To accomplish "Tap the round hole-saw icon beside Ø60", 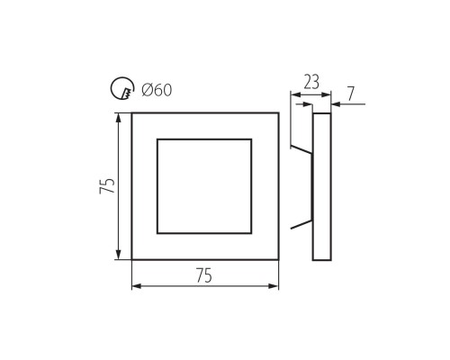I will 121,88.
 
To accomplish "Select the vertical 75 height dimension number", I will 107,186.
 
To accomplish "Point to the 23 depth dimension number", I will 311,83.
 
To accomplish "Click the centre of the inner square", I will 204,186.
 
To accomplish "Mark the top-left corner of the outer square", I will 132,113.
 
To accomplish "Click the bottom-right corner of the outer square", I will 278,260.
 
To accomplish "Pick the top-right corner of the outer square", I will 278,113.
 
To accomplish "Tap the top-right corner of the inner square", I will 251,139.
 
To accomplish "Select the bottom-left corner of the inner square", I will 157,233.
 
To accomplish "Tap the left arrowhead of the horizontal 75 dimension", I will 137,286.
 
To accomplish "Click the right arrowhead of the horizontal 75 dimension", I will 274,286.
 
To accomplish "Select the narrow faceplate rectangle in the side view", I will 322,186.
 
